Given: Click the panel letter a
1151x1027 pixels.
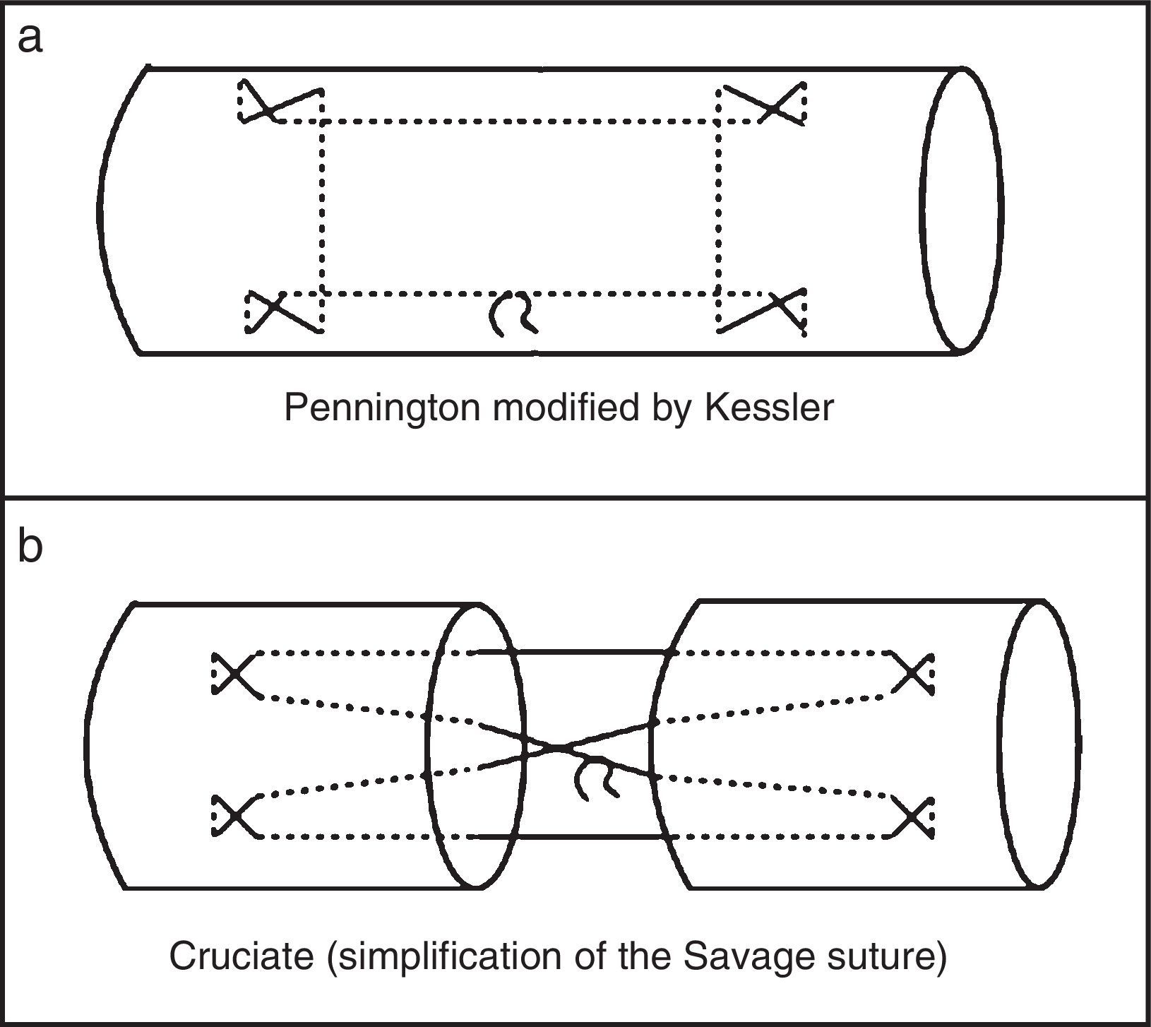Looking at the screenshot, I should (30, 39).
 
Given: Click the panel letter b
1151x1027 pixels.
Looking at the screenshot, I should (30, 547).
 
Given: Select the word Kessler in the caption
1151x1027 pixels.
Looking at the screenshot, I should (769, 408).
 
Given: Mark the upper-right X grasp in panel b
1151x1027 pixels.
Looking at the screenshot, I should (914, 673).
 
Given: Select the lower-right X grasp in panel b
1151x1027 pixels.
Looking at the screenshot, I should (914, 817).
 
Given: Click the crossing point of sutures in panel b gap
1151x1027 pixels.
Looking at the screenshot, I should (559, 746).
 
